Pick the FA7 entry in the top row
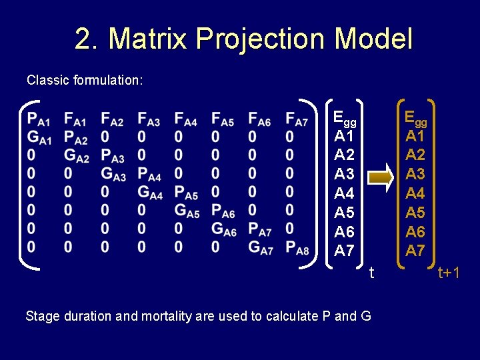point(297,120)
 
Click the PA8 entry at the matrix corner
point(297,249)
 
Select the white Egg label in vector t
point(345,119)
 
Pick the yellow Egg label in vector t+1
point(416,119)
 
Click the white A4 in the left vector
point(344,194)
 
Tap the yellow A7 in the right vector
point(415,251)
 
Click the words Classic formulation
point(84,80)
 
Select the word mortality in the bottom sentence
point(167,316)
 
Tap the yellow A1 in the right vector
point(415,137)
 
